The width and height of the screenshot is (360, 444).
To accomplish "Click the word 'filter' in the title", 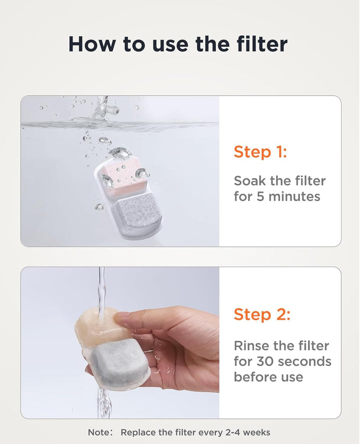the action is pyautogui.click(x=262, y=44).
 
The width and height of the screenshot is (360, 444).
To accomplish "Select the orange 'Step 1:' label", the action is pyautogui.click(x=260, y=152).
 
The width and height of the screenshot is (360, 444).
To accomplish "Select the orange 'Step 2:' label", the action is pyautogui.click(x=262, y=314).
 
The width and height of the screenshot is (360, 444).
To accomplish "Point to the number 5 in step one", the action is pyautogui.click(x=260, y=197).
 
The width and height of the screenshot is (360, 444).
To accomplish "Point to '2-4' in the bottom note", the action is pyautogui.click(x=232, y=432).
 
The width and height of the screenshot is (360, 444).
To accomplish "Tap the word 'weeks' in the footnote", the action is pyautogui.click(x=256, y=432).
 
